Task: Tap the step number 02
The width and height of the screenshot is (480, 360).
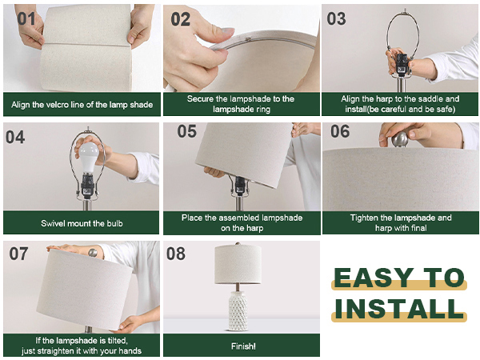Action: pyautogui.click(x=181, y=18)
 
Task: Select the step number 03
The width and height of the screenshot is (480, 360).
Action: pyautogui.click(x=338, y=18)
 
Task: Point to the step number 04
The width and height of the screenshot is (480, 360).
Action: pyautogui.click(x=15, y=137)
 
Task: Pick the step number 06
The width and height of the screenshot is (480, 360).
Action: pyautogui.click(x=341, y=131)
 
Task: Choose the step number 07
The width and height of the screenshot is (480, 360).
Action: pyautogui.click(x=19, y=254)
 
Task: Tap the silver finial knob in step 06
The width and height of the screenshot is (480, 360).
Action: pyautogui.click(x=400, y=139)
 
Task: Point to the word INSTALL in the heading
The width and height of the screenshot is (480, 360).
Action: pyautogui.click(x=399, y=308)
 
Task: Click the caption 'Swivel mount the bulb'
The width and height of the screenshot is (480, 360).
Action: pyautogui.click(x=81, y=223)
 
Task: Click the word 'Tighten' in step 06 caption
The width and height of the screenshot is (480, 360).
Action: pyautogui.click(x=366, y=218)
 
